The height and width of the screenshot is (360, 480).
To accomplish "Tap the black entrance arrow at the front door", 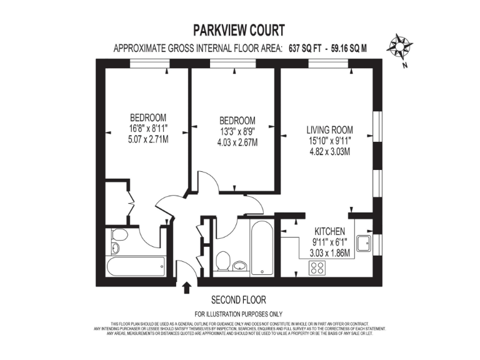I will pos(186,287).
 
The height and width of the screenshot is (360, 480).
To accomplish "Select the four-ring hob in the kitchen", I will pos(317,268).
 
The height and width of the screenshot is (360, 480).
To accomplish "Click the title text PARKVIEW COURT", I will pos(240,30).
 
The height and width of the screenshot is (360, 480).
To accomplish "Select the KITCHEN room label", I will pos(329,231).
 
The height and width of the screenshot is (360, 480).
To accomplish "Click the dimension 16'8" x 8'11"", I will pos(147,128).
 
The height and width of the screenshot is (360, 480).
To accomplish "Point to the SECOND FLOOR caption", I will pos(238,299).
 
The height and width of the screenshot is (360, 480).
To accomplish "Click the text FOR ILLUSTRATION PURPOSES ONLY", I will pos(238,314).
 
